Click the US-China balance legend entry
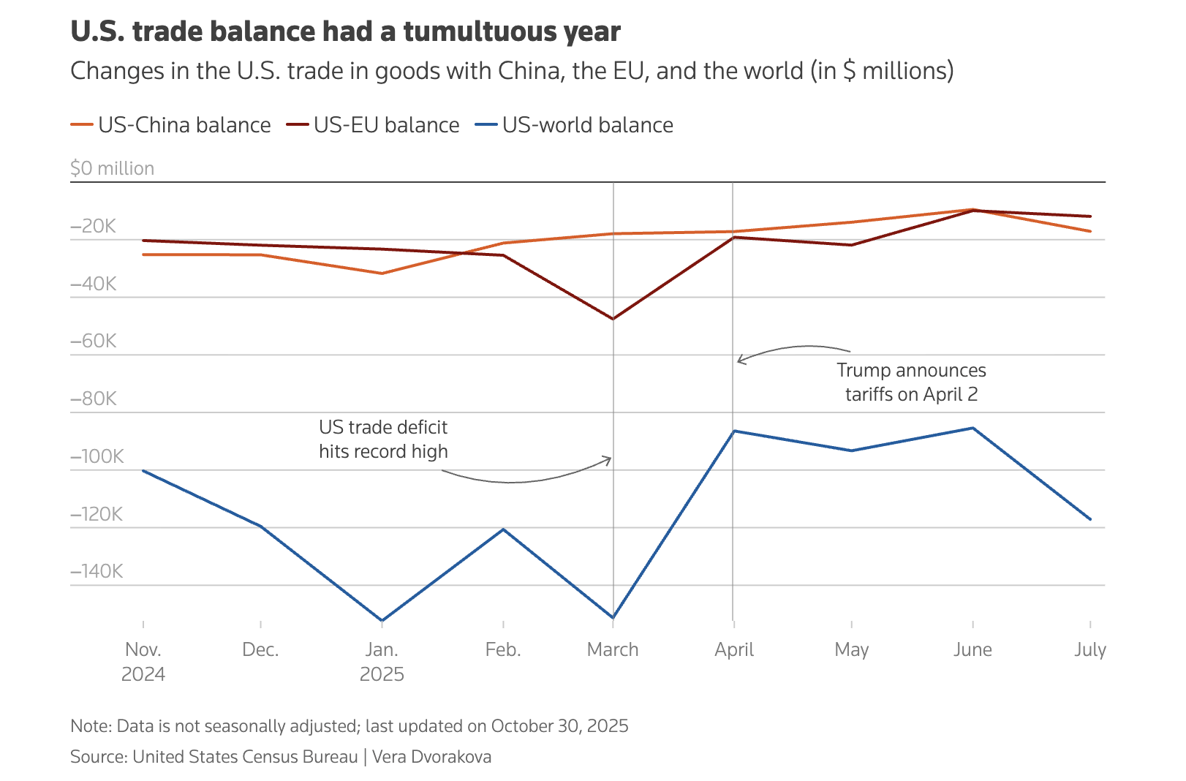pyautogui.click(x=171, y=125)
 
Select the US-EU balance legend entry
pyautogui.click(x=373, y=125)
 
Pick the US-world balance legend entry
pyautogui.click(x=575, y=125)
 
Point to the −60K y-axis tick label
pyautogui.click(x=94, y=341)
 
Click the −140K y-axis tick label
pyautogui.click(x=97, y=571)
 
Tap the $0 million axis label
pyautogui.click(x=113, y=168)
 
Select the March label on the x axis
pyautogui.click(x=613, y=649)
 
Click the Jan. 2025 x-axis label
pyautogui.click(x=382, y=661)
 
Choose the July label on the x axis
pyautogui.click(x=1089, y=649)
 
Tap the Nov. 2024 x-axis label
pyautogui.click(x=143, y=661)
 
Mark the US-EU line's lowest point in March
pyautogui.click(x=613, y=319)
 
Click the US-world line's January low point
pyautogui.click(x=382, y=620)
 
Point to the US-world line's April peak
pyautogui.click(x=733, y=431)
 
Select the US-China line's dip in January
pyautogui.click(x=382, y=273)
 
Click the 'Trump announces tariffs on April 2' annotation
pyautogui.click(x=911, y=382)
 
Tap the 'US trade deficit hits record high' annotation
pyautogui.click(x=383, y=439)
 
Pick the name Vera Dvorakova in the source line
pyautogui.click(x=432, y=757)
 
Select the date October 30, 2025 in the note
pyautogui.click(x=559, y=726)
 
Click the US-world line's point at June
pyautogui.click(x=972, y=428)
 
